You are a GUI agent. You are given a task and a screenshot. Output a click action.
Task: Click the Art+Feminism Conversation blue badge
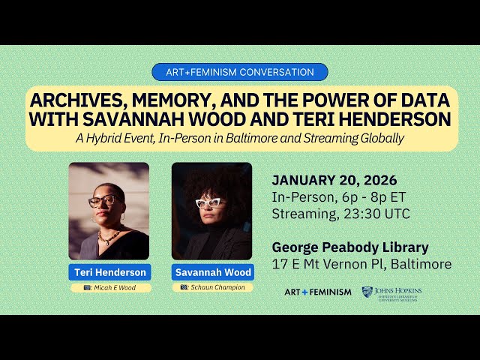[x=240, y=73]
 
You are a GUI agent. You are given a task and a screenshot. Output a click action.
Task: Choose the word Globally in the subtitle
[x=379, y=138]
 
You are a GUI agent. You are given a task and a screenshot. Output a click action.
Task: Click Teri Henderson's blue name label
[x=109, y=271]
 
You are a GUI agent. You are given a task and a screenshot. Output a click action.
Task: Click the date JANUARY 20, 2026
[x=334, y=181]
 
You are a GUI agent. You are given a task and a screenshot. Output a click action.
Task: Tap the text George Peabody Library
[x=350, y=247]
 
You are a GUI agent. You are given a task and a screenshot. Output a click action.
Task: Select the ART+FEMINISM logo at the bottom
[x=317, y=292]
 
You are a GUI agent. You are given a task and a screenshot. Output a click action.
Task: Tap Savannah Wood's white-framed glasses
[x=210, y=202]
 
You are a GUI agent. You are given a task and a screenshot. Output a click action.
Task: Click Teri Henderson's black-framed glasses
[x=103, y=201]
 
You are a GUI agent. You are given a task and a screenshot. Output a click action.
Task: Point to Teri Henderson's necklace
[x=109, y=236]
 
